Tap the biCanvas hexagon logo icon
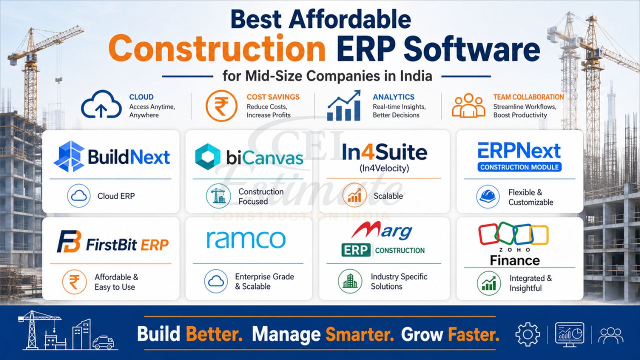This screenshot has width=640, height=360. coord(207,157)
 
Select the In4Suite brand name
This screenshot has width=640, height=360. coord(384,152)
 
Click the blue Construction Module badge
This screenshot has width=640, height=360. coord(519,167)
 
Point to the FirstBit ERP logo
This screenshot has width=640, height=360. coord(112,244)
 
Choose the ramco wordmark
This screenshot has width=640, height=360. coord(246,239)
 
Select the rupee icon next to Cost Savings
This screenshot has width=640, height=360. coord(221,106)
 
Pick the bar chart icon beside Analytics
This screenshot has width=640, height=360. coord(344,106)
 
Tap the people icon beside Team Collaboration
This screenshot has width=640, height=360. coord(468,106)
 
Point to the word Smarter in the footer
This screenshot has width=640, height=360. coord(359,333)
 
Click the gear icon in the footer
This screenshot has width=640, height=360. coord(527,334)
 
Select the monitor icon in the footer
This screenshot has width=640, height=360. coord(569,334)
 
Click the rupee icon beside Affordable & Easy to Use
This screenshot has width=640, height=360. coord(74,281)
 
